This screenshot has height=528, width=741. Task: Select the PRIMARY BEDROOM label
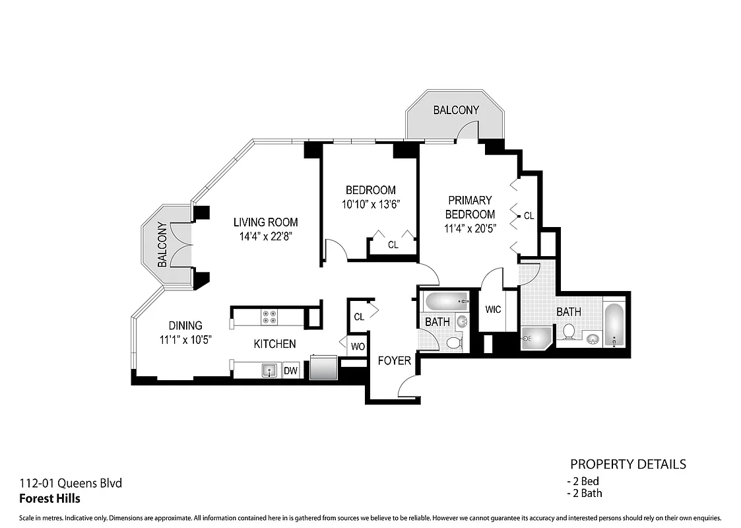coord(470,207)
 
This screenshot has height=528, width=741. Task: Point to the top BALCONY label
coord(456,110)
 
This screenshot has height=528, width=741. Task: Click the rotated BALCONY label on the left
coord(162,244)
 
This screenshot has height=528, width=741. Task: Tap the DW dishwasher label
coord(290,371)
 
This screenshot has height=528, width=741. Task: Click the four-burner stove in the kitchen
coord(269,317)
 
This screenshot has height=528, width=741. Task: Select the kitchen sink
coord(269,370)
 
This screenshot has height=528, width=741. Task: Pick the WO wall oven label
coord(358,346)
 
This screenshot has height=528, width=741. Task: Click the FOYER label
coord(394,360)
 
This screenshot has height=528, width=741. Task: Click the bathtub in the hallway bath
coord(446,302)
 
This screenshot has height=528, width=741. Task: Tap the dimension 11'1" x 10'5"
coord(185,341)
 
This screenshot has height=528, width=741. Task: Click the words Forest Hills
coord(50,498)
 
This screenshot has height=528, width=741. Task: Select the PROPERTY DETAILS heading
coord(628,464)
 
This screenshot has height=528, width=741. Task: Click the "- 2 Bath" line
coord(585,493)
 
